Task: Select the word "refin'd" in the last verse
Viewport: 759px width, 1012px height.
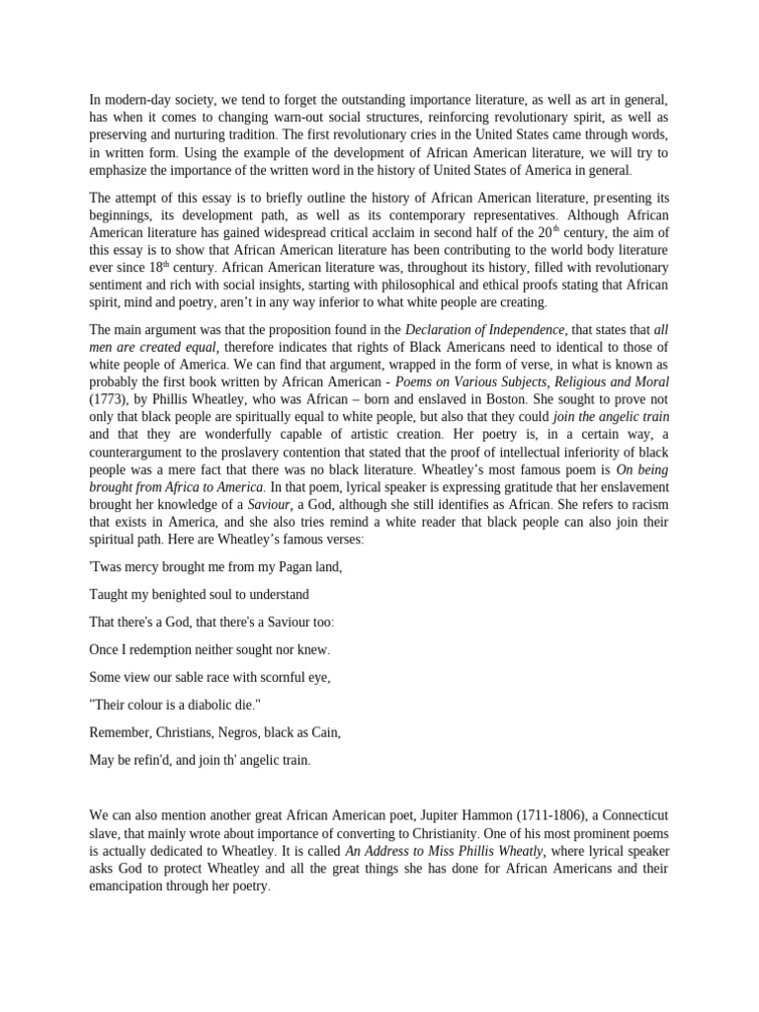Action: click(160, 760)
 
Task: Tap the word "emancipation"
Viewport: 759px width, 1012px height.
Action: click(131, 886)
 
